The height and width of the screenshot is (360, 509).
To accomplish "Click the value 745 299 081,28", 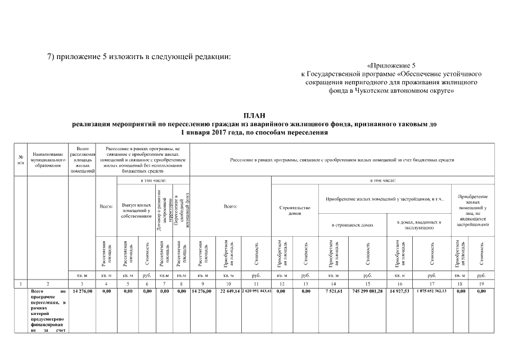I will (x=367, y=291).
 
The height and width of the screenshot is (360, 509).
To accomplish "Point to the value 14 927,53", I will (x=399, y=291).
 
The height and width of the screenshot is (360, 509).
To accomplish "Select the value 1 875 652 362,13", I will (x=432, y=291).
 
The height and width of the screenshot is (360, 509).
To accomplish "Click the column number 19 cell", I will (x=481, y=283).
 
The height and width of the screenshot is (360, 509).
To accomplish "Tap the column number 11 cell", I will (x=256, y=283).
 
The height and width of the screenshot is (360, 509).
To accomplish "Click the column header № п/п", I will (x=21, y=160).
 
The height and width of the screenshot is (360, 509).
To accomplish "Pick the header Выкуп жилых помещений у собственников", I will (x=136, y=211).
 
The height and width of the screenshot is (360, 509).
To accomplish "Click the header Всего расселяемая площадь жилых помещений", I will (x=82, y=160).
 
